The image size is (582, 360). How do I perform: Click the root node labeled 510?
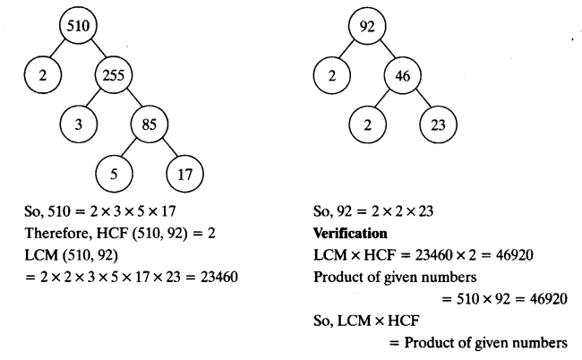coord(77,26)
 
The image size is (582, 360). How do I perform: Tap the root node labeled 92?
coord(365,26)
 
